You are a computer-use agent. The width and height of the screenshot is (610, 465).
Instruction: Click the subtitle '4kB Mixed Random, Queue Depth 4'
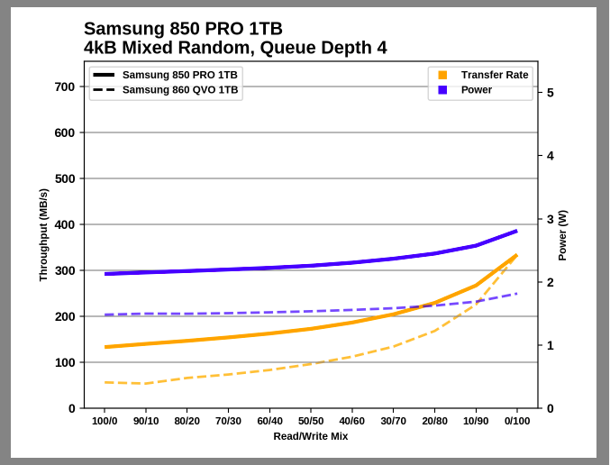point(235,48)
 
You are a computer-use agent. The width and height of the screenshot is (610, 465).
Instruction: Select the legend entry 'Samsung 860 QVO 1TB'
point(180,90)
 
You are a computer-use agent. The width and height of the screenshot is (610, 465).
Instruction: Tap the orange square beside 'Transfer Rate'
point(442,75)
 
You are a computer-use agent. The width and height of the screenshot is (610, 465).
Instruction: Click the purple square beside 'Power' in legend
point(442,90)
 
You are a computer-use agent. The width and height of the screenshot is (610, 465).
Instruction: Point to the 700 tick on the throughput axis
point(65,87)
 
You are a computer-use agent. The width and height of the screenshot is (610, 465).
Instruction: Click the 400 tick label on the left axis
point(65,224)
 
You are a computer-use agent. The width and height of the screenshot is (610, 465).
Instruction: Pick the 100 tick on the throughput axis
point(65,362)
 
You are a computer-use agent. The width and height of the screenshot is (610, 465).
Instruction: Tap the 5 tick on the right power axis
point(550,93)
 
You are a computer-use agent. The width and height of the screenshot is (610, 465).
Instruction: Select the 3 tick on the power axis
point(550,219)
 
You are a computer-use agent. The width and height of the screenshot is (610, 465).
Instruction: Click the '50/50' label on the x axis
point(311,421)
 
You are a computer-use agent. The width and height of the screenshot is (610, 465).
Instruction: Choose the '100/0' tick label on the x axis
point(105,421)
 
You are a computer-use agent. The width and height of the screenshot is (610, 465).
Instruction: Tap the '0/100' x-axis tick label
point(516,421)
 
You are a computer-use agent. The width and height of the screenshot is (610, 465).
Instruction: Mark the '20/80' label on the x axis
point(434,421)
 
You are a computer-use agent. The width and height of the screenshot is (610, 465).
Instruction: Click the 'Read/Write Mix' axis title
point(311,436)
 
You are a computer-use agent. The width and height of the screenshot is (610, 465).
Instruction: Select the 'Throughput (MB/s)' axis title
point(43,235)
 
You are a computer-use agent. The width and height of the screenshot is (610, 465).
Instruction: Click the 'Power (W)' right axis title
point(562,235)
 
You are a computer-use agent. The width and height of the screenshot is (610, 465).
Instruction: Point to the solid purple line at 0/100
point(516,231)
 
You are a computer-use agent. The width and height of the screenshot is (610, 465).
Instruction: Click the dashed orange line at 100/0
point(105,382)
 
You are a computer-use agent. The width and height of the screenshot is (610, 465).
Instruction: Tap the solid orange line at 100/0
point(105,347)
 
